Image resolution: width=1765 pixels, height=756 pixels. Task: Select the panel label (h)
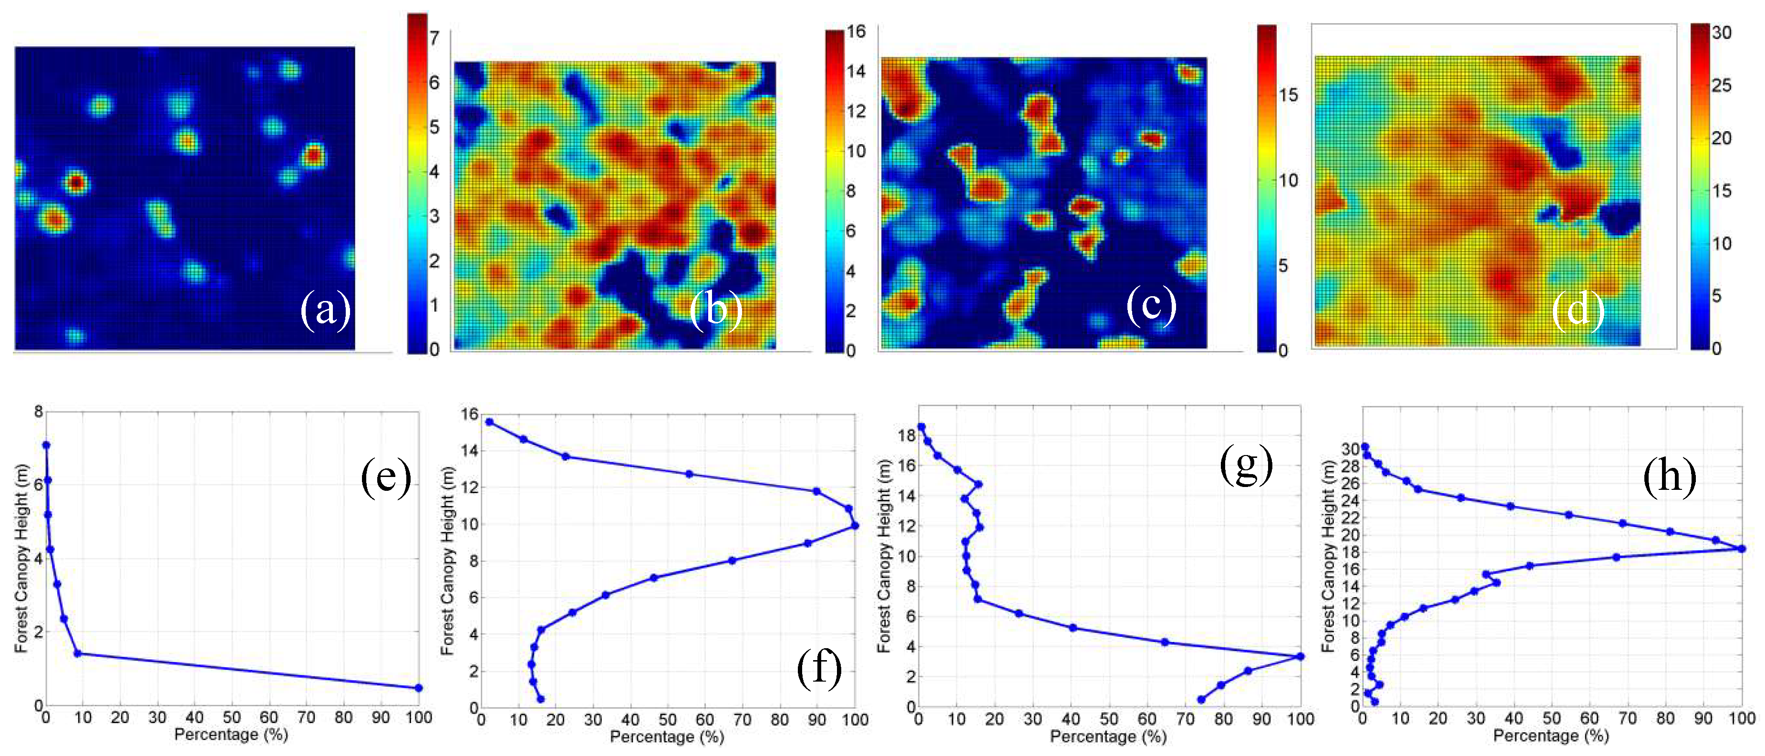(1669, 476)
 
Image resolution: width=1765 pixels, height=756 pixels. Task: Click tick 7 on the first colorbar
(434, 38)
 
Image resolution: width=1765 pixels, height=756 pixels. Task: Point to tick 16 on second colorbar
(856, 31)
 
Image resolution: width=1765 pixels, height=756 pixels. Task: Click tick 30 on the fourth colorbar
(1721, 32)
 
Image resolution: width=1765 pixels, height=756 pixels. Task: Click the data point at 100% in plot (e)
(419, 687)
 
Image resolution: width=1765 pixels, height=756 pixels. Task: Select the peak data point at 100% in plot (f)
(855, 526)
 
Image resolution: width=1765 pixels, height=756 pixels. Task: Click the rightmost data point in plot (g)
(1300, 657)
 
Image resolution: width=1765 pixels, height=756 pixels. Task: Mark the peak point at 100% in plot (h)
(1741, 549)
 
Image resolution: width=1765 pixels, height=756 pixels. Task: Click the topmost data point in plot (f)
(489, 422)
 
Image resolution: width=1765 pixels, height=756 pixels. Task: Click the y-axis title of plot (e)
(21, 559)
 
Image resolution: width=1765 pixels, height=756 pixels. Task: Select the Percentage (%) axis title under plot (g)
(1107, 737)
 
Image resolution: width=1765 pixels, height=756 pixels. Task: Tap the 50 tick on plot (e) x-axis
(232, 718)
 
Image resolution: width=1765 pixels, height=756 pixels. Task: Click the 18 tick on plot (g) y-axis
(907, 435)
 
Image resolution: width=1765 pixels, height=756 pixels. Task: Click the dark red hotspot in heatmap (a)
(75, 182)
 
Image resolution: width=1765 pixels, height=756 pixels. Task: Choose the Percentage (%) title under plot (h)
(1550, 735)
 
